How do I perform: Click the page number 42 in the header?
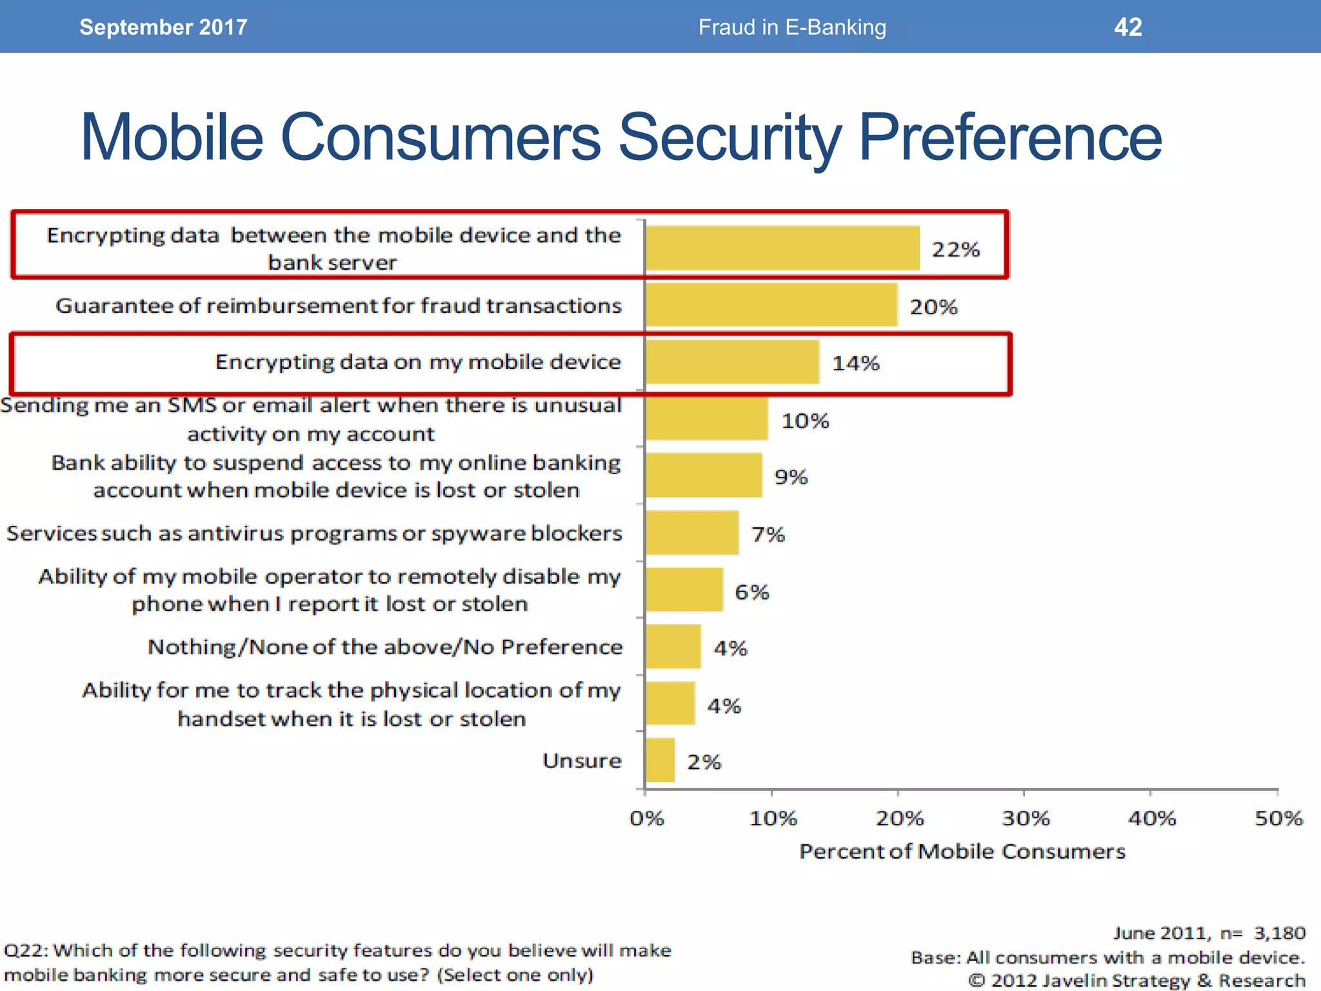coord(1127,27)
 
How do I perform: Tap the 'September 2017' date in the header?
coord(163,27)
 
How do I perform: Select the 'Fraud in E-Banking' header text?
coord(792,27)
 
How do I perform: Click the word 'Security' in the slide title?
coord(730,137)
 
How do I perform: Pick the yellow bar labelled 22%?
coord(782,248)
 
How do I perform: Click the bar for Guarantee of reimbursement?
coord(771,305)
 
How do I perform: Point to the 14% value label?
coord(855,363)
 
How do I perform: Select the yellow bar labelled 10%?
coord(706,419)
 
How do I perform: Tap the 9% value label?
coord(791,477)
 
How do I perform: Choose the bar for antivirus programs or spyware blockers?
coord(692,533)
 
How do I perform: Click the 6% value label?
coord(751,592)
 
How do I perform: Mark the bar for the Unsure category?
coord(660,760)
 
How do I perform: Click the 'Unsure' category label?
coord(582,761)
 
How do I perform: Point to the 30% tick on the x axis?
coord(1024,818)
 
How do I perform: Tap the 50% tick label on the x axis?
coord(1278,818)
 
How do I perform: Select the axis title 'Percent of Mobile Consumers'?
coord(962,851)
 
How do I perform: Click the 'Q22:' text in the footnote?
coord(26,950)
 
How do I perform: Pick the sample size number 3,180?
coord(1279,933)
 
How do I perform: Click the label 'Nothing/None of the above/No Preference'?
coord(385,646)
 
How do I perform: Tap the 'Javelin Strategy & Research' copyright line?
coord(1137,980)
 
